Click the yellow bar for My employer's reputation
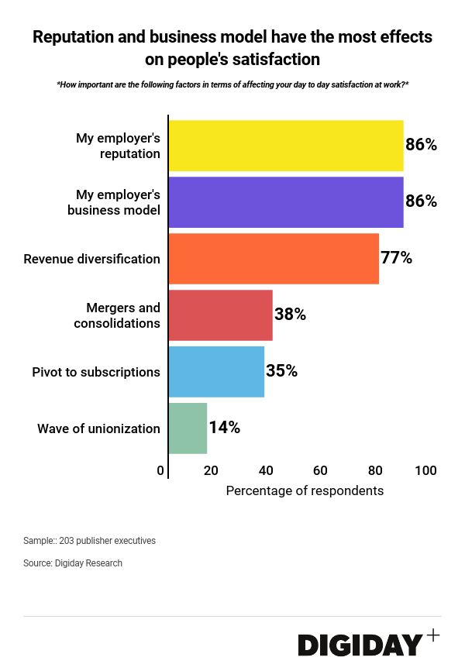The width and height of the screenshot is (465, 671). point(286,146)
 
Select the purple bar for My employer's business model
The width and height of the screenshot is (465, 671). point(286,202)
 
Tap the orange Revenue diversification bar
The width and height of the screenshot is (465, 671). point(274,259)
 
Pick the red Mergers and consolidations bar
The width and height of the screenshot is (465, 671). point(221,315)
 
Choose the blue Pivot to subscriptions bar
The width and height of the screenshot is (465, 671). point(216,372)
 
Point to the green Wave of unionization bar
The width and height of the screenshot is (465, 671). point(188,428)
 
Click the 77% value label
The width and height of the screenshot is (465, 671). point(396,258)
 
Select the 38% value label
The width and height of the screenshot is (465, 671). point(290,315)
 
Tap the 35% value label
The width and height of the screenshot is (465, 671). point(281,371)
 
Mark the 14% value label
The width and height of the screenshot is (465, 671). point(224,428)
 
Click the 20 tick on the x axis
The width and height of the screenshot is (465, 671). point(211,470)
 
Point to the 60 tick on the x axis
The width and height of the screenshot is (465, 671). point(320,470)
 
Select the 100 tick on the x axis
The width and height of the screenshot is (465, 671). point(425,470)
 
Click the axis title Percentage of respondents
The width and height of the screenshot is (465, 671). point(305,490)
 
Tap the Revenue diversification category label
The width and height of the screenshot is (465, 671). point(91,259)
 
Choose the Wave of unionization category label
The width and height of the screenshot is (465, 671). point(98,428)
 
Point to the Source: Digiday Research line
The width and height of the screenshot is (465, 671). point(73,563)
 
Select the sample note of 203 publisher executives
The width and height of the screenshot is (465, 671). point(89,541)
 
